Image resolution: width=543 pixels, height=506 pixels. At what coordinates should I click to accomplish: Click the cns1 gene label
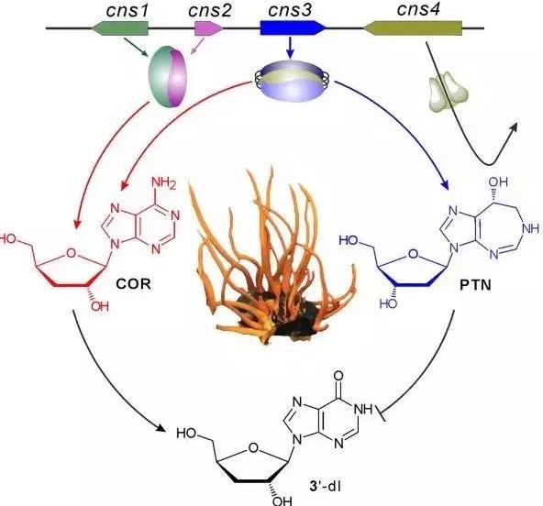127,11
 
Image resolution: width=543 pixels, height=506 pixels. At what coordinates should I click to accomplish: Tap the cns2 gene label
209,11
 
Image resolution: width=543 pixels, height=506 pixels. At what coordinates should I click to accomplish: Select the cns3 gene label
290,10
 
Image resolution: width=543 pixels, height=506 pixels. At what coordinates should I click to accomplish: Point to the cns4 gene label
418,9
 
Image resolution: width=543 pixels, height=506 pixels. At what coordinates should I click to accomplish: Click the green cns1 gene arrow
120,28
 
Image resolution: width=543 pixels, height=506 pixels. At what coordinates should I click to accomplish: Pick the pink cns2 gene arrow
208,28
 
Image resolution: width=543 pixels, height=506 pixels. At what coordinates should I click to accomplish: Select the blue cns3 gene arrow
294,28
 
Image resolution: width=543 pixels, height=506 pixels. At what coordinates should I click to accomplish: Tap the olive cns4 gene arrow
412,28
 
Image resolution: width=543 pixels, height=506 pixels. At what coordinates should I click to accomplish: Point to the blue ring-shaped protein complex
291,81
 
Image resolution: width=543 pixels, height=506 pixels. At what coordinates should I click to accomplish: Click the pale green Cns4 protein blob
449,92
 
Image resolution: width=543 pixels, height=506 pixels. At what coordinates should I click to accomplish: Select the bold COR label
134,284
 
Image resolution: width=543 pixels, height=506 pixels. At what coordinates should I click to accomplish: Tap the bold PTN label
475,285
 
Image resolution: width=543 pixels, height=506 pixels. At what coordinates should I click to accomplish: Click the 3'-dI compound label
325,486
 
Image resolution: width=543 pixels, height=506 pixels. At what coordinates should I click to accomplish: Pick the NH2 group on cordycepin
164,182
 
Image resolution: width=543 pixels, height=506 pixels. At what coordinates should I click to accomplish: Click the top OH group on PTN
498,181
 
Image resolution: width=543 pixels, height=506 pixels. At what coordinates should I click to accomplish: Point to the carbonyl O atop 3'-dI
339,376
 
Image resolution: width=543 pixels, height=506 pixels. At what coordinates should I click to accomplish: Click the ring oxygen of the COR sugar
71,254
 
